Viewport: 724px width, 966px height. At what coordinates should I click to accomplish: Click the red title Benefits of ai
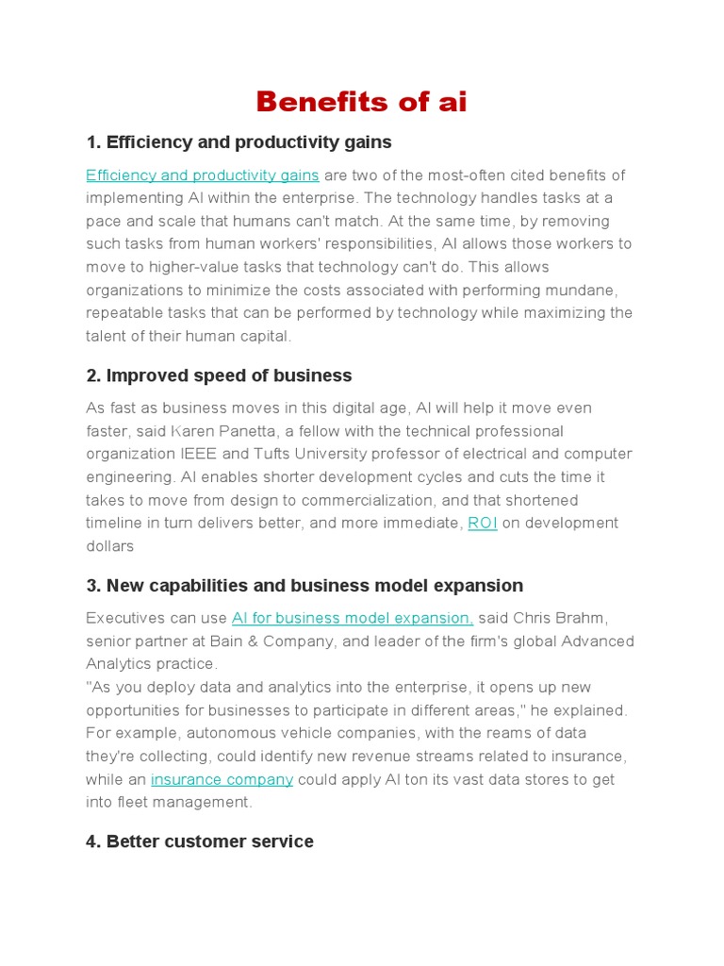361,101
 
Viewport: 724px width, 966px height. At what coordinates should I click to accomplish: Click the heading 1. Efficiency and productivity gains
239,142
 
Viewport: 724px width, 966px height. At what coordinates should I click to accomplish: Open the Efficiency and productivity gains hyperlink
203,175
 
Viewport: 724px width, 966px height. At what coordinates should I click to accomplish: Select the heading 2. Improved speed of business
219,375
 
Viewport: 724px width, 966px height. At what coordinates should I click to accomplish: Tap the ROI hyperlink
483,523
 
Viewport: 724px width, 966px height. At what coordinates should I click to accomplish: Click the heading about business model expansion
304,586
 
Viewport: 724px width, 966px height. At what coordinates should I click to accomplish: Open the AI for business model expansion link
353,618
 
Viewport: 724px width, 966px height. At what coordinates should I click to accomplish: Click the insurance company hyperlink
222,779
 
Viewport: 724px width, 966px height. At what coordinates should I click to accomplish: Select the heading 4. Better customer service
200,841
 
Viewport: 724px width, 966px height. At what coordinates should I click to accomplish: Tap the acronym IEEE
194,454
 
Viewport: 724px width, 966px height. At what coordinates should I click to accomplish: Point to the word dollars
110,546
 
